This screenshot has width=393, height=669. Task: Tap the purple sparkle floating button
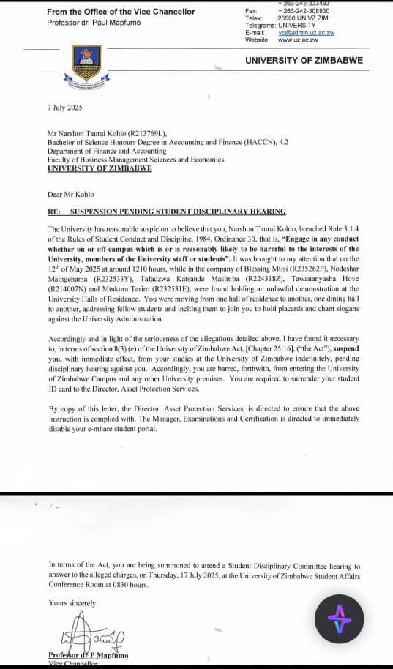(x=339, y=619)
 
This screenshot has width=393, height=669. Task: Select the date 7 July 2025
(x=65, y=108)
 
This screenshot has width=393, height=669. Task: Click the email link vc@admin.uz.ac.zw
(x=306, y=33)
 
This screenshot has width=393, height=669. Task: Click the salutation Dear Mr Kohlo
(x=72, y=195)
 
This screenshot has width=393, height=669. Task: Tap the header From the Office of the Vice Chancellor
(x=121, y=12)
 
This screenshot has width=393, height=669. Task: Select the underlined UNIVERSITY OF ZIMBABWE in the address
(x=100, y=168)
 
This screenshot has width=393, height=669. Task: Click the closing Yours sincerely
(x=72, y=602)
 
